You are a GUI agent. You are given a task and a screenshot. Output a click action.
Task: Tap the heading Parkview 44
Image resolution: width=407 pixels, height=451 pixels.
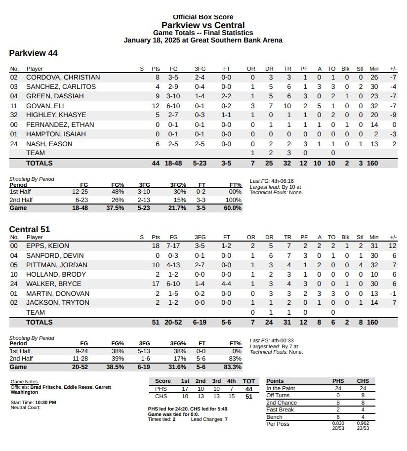34,53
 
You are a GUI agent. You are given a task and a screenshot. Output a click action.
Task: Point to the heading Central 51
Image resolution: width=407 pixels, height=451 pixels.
30,229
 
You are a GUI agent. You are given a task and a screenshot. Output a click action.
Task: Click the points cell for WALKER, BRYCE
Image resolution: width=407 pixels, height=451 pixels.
156,284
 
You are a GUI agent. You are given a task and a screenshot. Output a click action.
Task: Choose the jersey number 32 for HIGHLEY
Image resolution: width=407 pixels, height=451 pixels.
14,115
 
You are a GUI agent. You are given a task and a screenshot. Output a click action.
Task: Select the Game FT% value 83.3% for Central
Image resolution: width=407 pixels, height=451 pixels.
233,368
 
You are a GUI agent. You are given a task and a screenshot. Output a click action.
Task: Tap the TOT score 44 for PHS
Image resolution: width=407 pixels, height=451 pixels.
249,389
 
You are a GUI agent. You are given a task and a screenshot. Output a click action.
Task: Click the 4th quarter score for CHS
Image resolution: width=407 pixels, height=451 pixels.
231,397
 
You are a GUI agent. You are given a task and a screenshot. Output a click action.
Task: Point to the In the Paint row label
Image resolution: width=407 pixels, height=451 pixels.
281,389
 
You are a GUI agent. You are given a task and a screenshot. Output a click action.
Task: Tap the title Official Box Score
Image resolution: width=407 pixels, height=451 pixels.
203,17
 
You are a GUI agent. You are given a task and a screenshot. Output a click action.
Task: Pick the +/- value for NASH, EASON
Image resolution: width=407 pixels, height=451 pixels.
394,144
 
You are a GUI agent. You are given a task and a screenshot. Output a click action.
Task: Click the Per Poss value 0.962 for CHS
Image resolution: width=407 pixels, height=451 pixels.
363,424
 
